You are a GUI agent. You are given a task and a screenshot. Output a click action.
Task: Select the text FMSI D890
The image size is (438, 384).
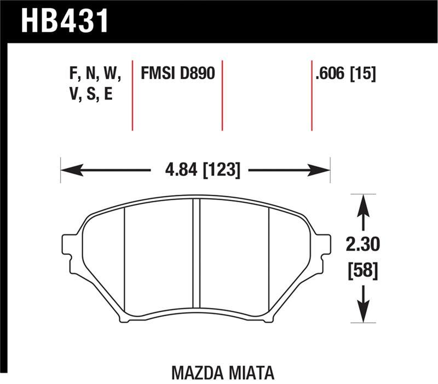tap(178, 74)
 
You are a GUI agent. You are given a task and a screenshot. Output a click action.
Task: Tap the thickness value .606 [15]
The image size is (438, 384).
tap(345, 74)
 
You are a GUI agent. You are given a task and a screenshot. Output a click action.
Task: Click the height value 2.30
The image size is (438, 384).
tap(362, 245)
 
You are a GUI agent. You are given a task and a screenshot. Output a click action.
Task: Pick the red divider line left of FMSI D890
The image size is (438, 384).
tap(133, 93)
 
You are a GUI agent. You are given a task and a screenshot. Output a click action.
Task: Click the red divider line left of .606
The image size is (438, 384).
tap(312, 93)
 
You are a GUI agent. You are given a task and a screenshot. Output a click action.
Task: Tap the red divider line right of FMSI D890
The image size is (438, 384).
tap(222, 93)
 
